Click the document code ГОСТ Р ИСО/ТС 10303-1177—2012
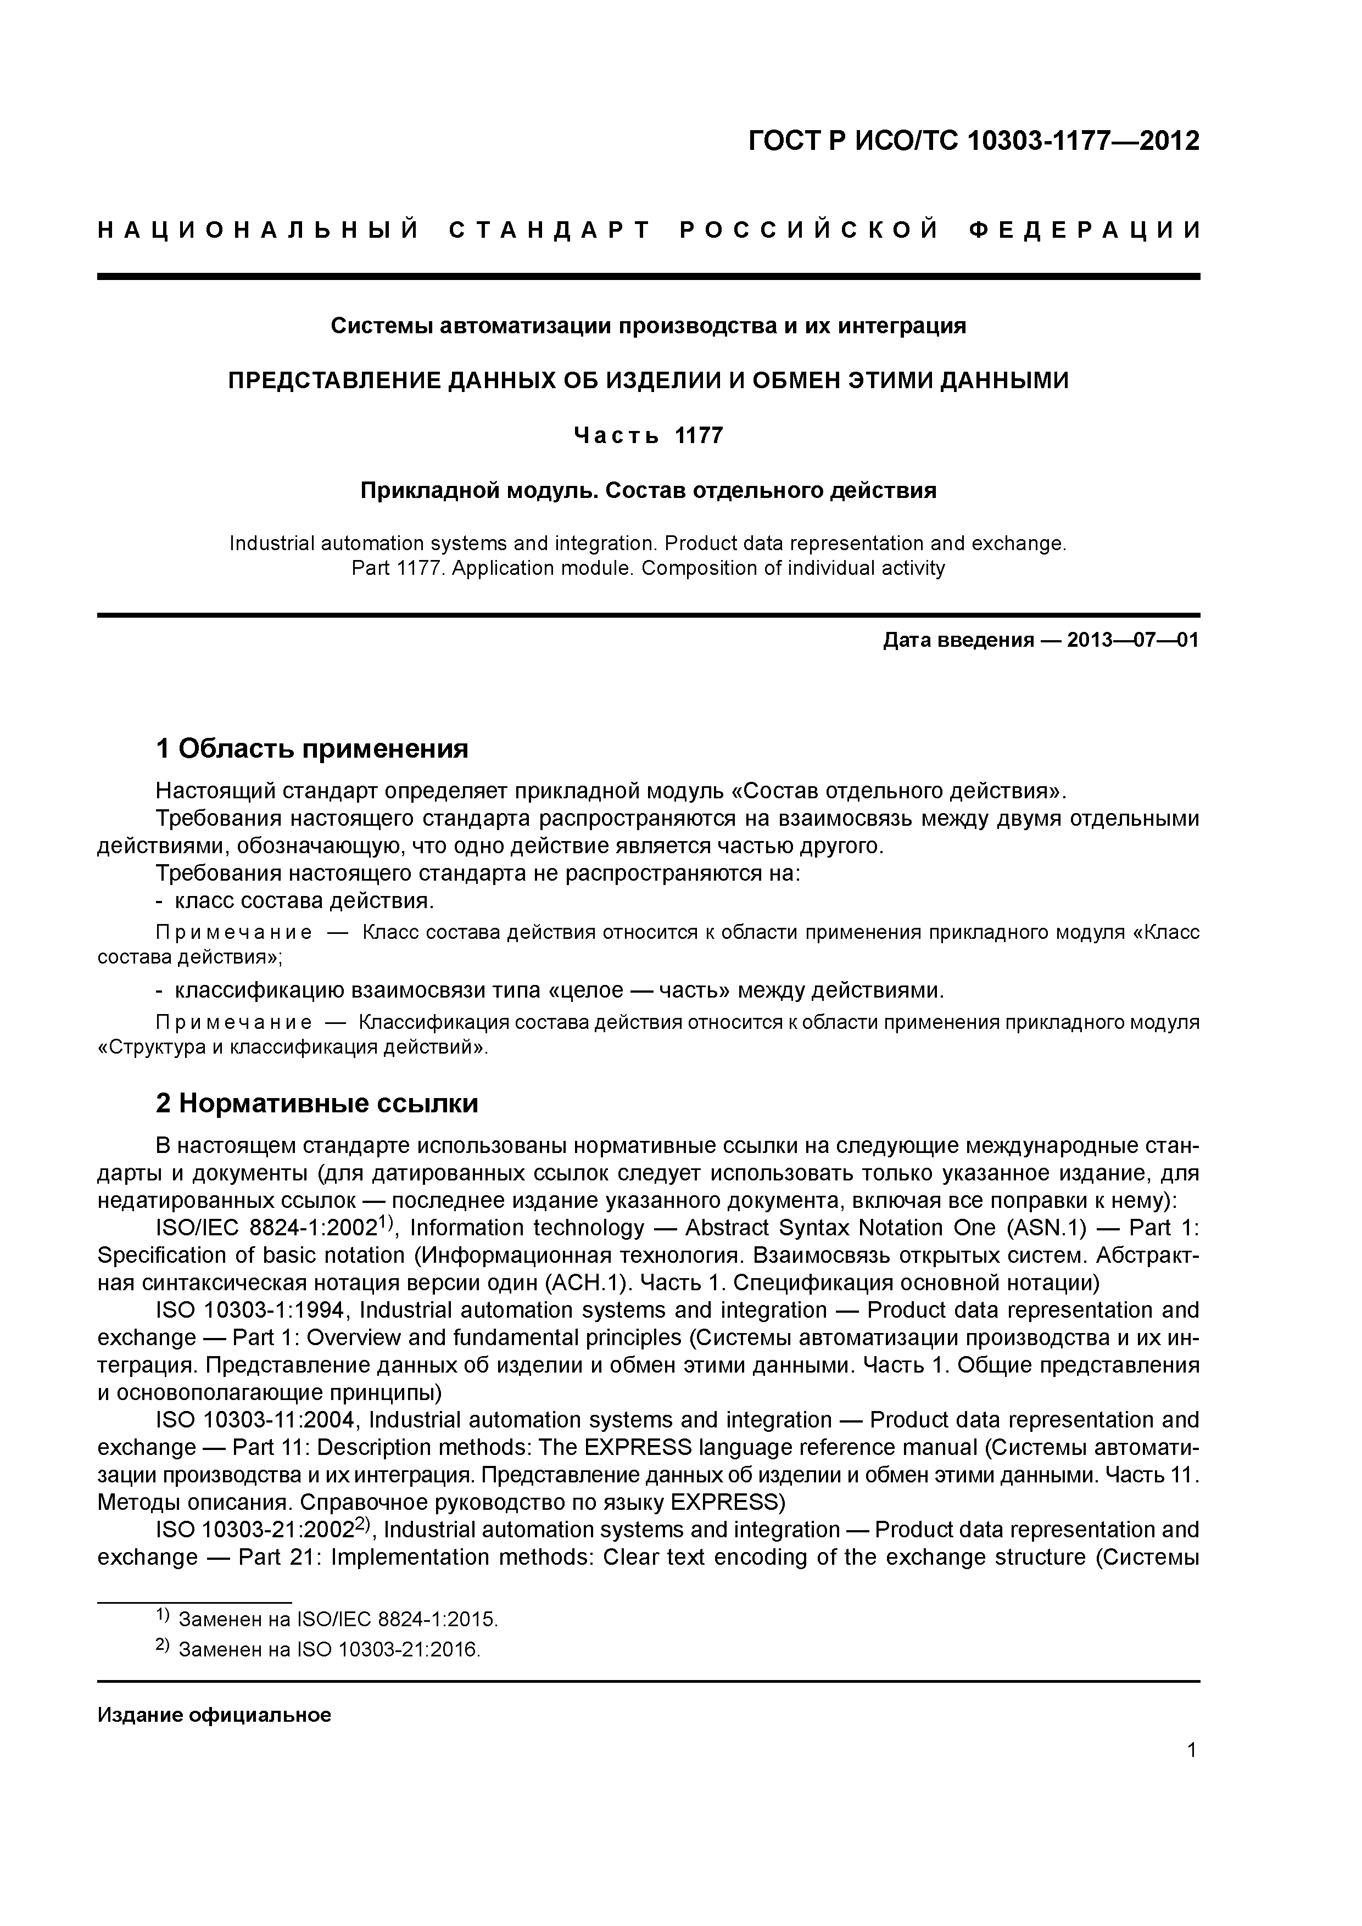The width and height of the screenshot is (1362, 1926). click(974, 142)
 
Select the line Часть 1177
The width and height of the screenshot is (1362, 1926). click(648, 435)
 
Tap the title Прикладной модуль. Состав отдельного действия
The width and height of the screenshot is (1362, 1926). click(648, 490)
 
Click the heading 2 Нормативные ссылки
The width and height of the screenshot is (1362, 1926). click(317, 1102)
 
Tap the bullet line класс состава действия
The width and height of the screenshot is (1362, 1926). click(304, 901)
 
